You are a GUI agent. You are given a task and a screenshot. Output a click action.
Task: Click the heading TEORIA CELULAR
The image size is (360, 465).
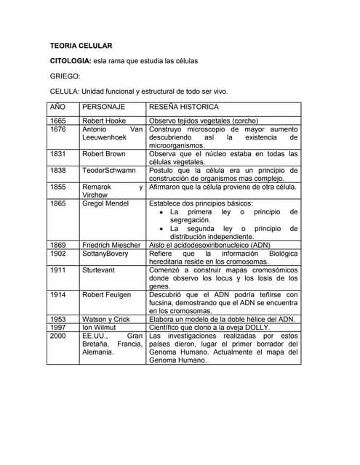click(81, 46)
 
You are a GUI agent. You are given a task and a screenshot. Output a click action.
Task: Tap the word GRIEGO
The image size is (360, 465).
click(65, 76)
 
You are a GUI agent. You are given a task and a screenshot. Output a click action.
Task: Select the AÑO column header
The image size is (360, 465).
click(57, 107)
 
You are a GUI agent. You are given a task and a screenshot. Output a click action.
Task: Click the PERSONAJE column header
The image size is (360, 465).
click(104, 107)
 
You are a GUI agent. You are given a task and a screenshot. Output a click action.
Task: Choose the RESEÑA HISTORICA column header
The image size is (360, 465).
click(186, 107)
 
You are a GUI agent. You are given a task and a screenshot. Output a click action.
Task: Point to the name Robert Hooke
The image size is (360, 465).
click(104, 121)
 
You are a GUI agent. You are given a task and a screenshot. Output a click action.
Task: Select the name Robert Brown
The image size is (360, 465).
click(104, 154)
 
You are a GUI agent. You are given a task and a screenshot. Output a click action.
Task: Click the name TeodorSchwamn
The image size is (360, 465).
click(109, 171)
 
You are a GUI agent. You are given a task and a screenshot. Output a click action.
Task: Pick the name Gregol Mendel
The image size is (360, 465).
click(105, 203)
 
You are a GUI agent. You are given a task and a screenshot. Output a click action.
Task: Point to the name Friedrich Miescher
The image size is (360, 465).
click(111, 245)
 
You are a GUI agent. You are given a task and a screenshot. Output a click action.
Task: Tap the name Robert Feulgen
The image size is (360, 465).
click(106, 294)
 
